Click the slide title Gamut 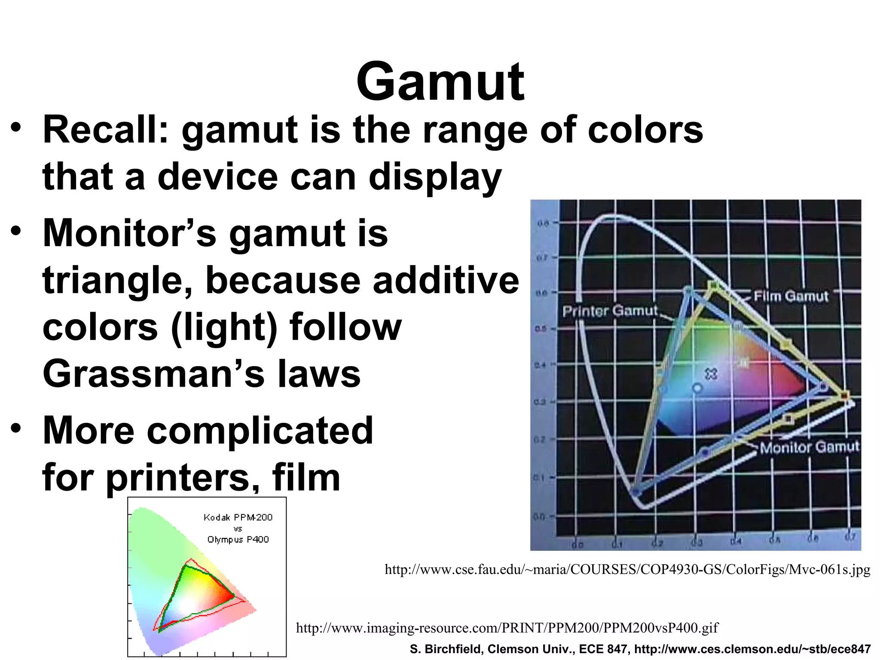[440, 82]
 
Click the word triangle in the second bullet [118, 281]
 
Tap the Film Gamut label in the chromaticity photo [791, 296]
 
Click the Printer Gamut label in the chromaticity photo [610, 311]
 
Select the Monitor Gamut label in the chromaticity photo [810, 447]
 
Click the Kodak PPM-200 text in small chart [238, 517]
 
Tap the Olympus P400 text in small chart [238, 540]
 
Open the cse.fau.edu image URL [627, 570]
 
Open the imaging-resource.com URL [507, 628]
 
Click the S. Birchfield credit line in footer [640, 649]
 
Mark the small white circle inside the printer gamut [697, 388]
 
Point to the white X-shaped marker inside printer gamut [711, 374]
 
